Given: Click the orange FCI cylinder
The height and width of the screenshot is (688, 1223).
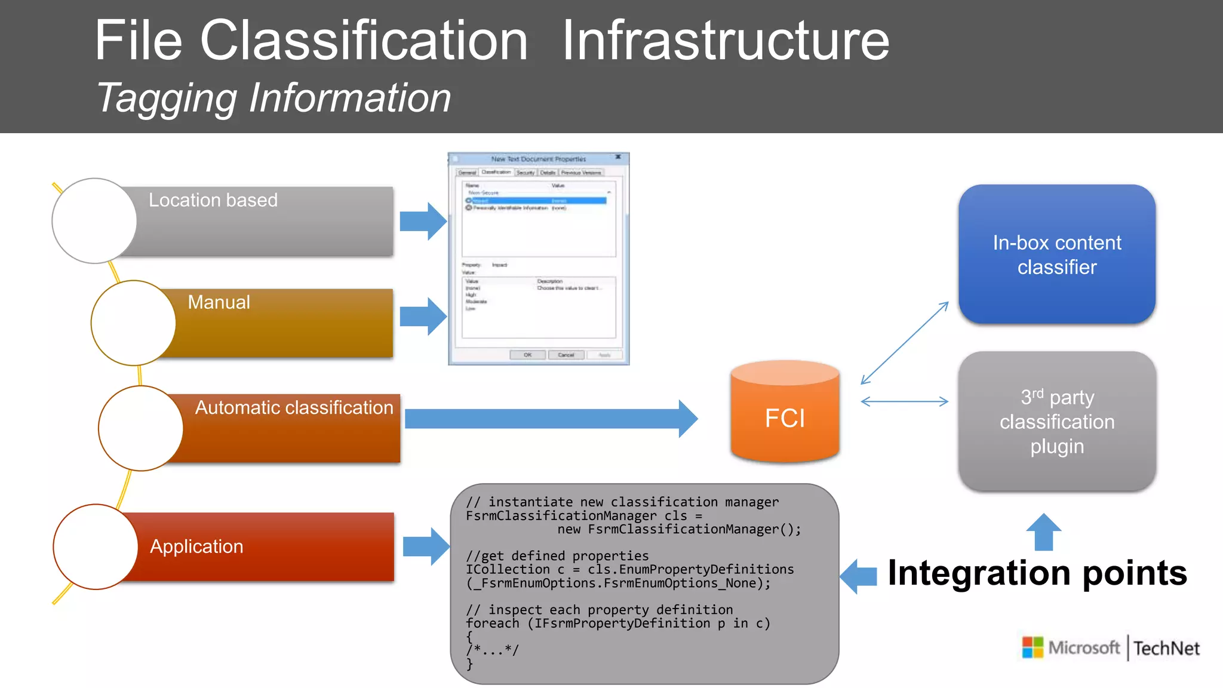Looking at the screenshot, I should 785,415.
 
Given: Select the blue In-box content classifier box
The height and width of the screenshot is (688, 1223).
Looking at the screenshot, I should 1056,255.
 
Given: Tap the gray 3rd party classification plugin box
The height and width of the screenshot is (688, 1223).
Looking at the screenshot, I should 1056,422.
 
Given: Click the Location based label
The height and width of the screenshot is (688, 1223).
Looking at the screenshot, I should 213,200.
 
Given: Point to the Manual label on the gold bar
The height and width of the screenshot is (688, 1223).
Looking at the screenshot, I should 219,302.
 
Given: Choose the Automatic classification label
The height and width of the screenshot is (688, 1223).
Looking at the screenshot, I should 294,407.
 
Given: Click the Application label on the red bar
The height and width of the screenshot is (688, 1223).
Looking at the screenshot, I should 196,546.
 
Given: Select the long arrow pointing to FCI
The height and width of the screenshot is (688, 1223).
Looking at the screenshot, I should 549,419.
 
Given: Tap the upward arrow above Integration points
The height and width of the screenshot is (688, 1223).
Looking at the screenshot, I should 1043,532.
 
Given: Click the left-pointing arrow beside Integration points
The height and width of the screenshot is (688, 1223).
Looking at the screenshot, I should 858,576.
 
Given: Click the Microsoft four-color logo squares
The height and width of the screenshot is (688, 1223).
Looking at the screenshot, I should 1033,647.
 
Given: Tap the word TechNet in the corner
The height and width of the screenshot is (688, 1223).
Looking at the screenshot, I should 1166,649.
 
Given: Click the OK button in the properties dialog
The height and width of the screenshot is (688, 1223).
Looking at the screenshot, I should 527,355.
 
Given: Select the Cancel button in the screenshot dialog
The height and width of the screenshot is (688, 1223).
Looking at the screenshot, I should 566,355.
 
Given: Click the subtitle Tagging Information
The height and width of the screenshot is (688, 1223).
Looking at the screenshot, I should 274,98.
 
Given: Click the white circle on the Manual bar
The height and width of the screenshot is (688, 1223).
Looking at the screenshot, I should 133,323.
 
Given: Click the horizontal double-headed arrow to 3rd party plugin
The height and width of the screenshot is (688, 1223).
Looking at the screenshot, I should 904,401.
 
